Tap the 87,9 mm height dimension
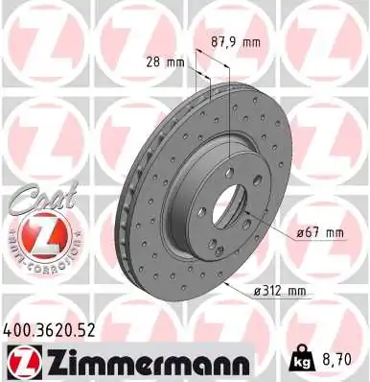pos(234,41)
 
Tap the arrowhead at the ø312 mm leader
pos(221,284)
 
